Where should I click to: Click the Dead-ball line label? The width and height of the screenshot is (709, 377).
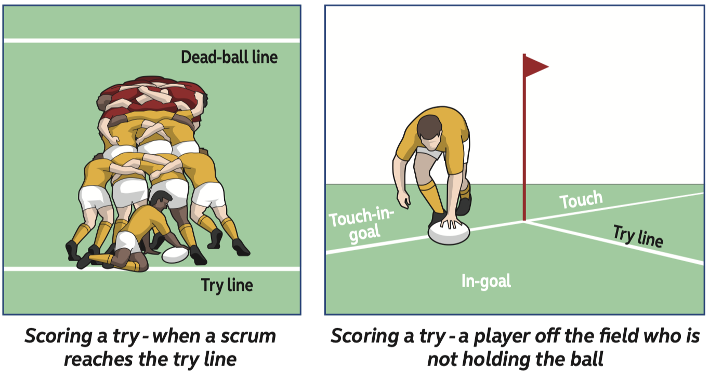tap(229, 57)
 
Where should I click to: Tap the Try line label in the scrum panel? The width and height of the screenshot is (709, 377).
tap(227, 286)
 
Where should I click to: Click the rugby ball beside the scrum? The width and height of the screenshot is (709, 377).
tap(175, 254)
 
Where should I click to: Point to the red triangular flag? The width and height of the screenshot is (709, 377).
tap(535, 66)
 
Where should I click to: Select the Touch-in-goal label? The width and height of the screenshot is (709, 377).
tap(361, 224)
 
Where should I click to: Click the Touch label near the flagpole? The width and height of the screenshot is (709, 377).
tap(581, 200)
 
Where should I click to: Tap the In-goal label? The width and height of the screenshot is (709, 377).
tap(486, 281)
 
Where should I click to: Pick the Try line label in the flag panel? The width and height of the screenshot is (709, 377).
tap(638, 236)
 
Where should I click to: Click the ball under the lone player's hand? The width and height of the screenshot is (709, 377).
tap(449, 233)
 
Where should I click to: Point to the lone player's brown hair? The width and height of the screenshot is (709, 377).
tap(429, 126)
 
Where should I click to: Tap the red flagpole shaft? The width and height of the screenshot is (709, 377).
tap(524, 138)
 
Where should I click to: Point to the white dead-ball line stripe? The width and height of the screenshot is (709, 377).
tap(152, 41)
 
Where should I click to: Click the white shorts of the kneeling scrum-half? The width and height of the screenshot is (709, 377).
tap(127, 242)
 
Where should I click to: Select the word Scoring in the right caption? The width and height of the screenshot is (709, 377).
tap(365, 336)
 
